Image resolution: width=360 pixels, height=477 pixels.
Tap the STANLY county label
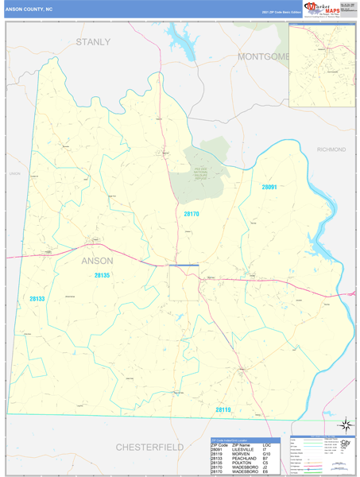coord(93,41)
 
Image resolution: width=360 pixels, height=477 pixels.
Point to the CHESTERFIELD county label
coord(149,447)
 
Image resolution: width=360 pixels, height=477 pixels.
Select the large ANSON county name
coord(98,260)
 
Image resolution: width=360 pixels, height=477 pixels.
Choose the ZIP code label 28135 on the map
coord(102,275)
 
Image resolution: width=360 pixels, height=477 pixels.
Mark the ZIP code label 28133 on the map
coord(37,299)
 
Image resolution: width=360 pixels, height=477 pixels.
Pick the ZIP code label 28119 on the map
coord(223,409)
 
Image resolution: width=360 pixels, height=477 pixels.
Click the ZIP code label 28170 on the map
coord(192,215)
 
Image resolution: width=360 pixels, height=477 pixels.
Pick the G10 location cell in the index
coord(267,454)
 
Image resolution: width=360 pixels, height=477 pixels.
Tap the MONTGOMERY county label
coord(262,56)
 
